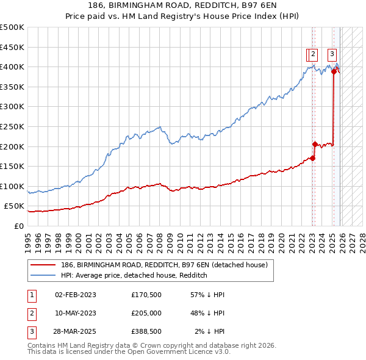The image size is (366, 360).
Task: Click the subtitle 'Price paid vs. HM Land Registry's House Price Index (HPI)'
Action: coord(184,17)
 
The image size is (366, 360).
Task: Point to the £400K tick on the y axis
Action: coord(12,67)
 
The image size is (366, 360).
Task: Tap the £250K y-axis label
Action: coord(12,126)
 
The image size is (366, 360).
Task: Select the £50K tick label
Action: coord(15,206)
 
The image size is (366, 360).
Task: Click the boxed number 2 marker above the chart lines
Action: coord(312,54)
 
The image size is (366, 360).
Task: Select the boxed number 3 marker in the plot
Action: coord(332,54)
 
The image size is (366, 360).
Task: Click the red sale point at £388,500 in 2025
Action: coord(334,71)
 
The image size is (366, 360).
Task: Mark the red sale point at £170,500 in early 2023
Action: coord(312,158)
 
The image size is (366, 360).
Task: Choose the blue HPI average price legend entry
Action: coord(134,276)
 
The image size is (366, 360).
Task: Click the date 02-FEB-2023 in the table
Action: coord(75,295)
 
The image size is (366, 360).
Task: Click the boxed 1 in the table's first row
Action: coord(30,295)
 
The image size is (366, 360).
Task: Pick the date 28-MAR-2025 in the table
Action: coord(75,331)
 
